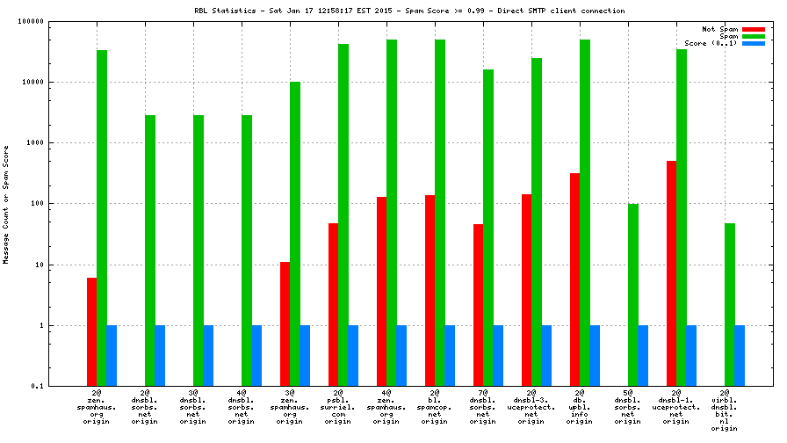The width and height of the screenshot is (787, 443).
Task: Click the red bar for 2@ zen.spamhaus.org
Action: [x=92, y=331]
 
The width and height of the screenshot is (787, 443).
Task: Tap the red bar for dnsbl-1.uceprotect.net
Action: [x=672, y=273]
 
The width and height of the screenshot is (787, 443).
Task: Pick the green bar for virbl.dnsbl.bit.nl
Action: [x=730, y=304]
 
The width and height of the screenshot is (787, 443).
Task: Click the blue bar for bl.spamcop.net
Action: [x=450, y=355]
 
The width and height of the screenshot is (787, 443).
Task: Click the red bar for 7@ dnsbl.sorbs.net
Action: [x=479, y=305]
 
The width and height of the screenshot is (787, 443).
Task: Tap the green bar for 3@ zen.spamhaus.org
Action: [x=295, y=234]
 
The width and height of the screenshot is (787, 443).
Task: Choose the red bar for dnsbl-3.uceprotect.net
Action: [x=527, y=290]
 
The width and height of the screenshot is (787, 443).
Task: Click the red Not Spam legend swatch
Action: [x=754, y=29]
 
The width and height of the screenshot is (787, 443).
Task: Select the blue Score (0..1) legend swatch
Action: [x=754, y=43]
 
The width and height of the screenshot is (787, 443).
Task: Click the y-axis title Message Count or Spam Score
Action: [x=6, y=204]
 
